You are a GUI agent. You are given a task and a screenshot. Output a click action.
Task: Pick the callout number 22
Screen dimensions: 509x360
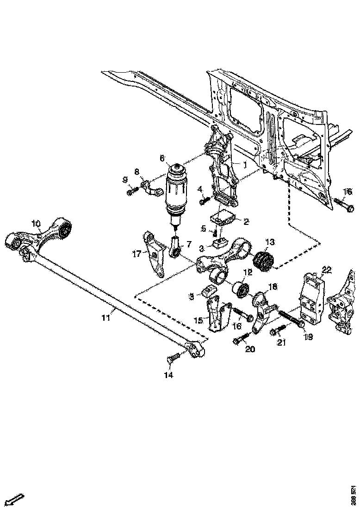327,270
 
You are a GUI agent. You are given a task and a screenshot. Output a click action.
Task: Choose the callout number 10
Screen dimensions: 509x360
36,223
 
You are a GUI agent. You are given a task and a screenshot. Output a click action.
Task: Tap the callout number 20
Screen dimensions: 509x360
250,349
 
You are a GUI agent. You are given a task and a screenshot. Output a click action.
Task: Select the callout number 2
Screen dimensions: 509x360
246,222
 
